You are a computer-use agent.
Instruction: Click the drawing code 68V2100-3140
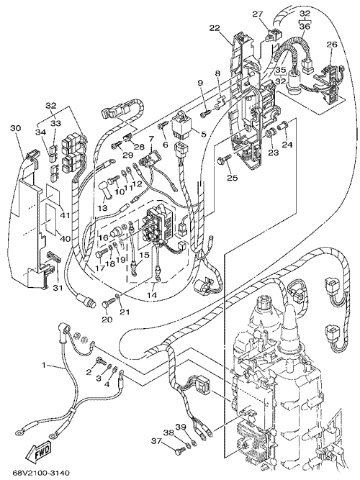(x=41, y=473)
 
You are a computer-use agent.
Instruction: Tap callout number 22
(x=215, y=29)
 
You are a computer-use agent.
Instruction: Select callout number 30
(x=16, y=128)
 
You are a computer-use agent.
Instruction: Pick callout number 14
(x=152, y=295)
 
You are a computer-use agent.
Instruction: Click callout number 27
(x=258, y=14)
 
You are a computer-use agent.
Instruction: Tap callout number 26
(x=331, y=45)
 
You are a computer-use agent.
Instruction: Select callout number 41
(x=65, y=215)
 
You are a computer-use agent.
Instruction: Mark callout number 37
(x=157, y=441)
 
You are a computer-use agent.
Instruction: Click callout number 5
(x=202, y=134)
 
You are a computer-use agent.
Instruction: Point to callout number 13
(x=103, y=208)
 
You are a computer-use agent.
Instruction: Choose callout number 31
(x=58, y=288)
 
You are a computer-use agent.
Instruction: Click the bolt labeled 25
(x=222, y=160)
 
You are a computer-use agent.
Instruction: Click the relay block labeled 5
(x=183, y=126)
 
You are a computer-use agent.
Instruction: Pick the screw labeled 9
(x=204, y=114)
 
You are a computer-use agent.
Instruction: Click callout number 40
(x=65, y=238)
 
